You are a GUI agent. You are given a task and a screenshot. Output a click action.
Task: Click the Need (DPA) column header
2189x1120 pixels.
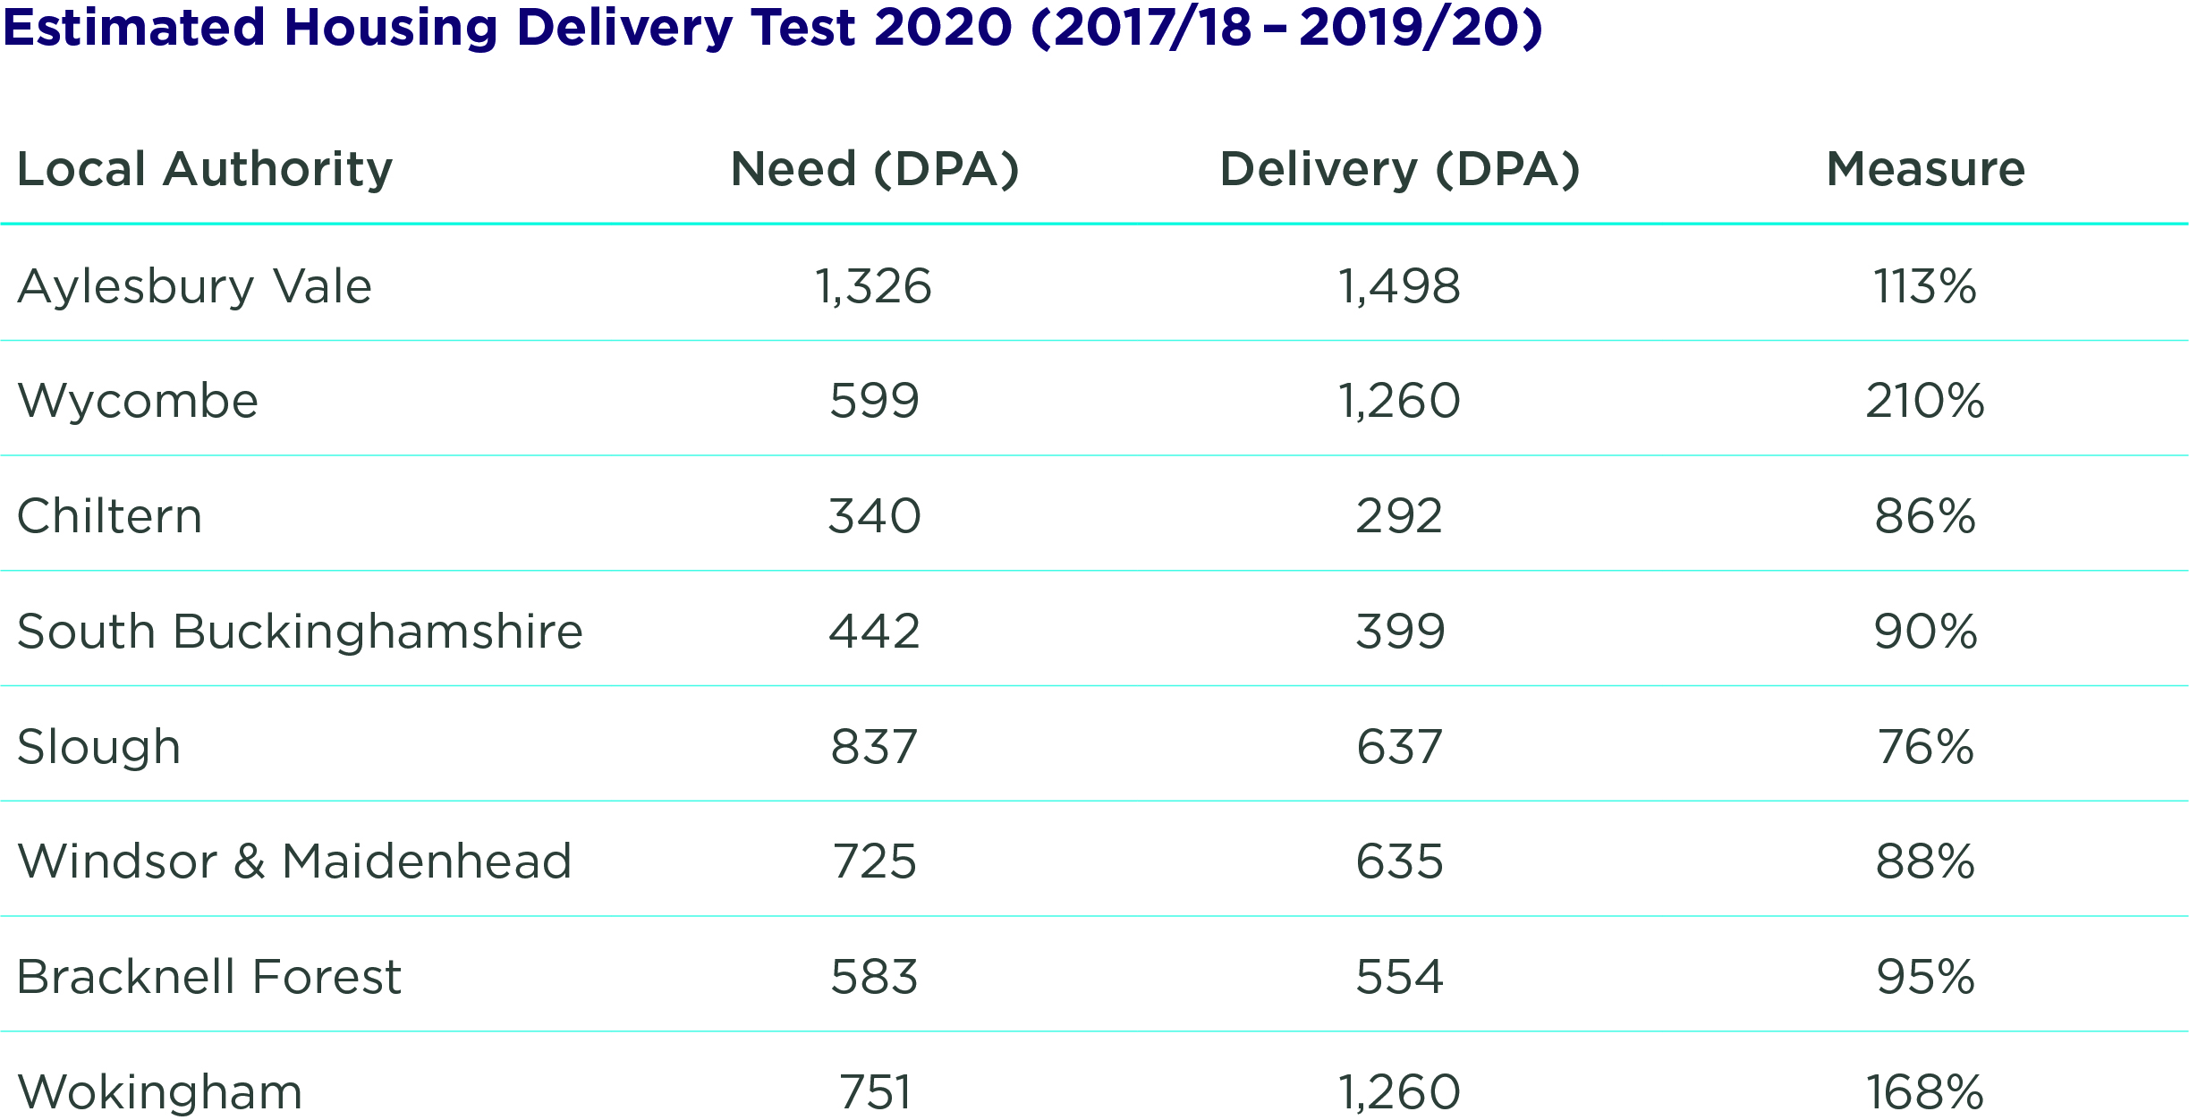(x=874, y=169)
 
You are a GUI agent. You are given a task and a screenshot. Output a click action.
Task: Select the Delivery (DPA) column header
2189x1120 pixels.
(x=1400, y=169)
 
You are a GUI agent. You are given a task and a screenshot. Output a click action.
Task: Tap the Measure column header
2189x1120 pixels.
(x=1925, y=169)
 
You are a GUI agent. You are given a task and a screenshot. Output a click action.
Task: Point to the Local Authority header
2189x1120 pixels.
(x=205, y=169)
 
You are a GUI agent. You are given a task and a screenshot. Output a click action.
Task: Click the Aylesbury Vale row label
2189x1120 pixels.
(x=194, y=287)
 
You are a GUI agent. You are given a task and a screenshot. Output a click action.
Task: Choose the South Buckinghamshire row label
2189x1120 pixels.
(x=300, y=632)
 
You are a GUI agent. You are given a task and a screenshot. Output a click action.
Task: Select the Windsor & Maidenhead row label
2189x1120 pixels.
(x=294, y=861)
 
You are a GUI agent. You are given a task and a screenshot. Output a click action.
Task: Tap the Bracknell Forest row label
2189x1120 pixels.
(x=209, y=977)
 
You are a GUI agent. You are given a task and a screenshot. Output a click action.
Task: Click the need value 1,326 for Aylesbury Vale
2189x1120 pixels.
(x=874, y=287)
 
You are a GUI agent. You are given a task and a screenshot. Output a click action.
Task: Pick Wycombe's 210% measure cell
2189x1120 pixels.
(x=1925, y=401)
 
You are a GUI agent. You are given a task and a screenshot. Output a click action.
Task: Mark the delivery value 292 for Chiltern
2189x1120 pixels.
(x=1399, y=516)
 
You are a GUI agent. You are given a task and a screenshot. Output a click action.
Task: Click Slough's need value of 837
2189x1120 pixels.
(x=874, y=747)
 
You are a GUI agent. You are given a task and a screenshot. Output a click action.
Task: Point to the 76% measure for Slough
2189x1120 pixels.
(x=1925, y=747)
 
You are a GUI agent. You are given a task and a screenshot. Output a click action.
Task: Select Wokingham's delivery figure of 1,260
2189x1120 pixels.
(x=1399, y=1092)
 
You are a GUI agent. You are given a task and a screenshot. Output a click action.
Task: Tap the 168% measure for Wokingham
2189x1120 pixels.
(x=1925, y=1092)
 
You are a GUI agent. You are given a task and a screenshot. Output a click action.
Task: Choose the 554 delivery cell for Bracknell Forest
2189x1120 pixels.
(x=1399, y=977)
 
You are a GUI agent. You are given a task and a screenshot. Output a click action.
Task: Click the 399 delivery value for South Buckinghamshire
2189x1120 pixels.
(x=1399, y=632)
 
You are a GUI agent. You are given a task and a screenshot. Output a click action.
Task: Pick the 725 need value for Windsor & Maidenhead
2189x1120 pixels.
(x=874, y=861)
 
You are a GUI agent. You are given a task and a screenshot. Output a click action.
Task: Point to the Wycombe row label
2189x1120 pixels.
(x=138, y=401)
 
